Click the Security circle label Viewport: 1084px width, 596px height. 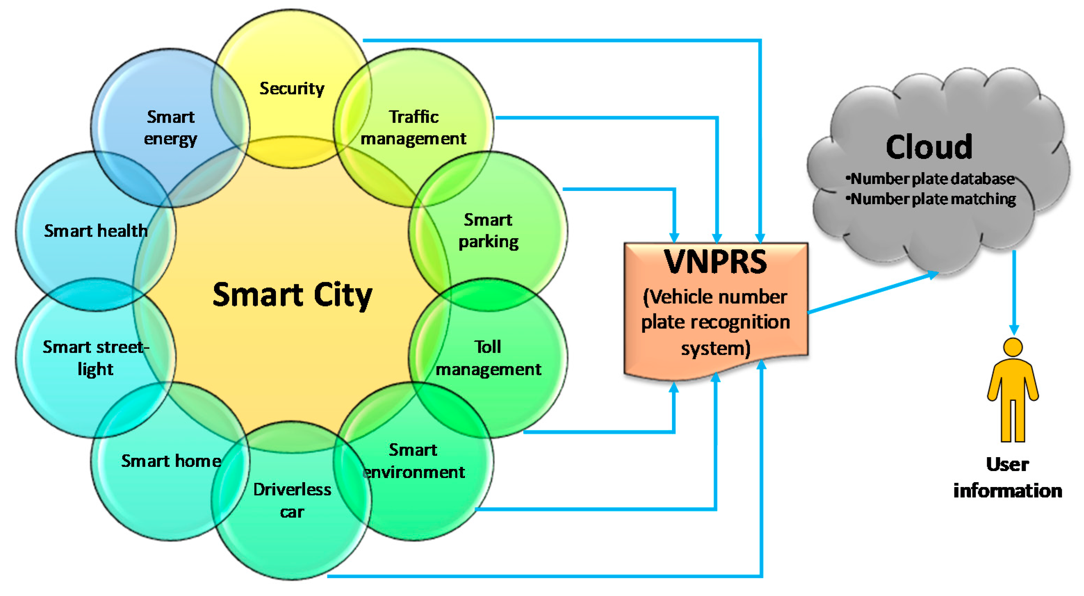tap(291, 89)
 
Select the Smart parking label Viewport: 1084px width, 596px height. tap(488, 231)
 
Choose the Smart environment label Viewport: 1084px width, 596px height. tap(413, 461)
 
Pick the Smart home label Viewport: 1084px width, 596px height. tap(171, 461)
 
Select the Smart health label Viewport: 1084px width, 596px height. tap(96, 231)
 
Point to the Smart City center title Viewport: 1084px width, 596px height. tap(292, 295)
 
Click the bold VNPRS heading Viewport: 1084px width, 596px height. tap(715, 262)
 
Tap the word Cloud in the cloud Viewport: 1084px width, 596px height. tap(929, 147)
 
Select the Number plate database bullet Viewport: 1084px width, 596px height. tap(931, 179)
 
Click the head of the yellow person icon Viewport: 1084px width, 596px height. tap(1013, 347)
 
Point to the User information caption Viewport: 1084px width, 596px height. tap(1008, 478)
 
